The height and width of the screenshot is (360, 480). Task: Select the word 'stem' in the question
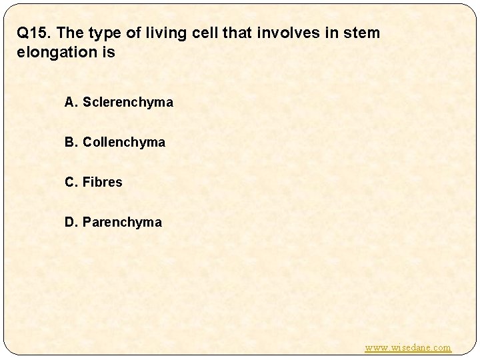[x=362, y=33]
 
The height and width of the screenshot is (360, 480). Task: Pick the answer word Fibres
[x=103, y=182]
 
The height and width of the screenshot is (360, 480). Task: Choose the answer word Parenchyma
[x=122, y=222]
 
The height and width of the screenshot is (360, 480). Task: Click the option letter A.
[x=70, y=103]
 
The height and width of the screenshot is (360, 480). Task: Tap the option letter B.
[x=70, y=143]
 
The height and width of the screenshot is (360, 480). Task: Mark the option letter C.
[x=70, y=182]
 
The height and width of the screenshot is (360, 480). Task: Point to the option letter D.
[x=70, y=222]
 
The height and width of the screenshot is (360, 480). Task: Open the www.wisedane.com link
[x=408, y=347]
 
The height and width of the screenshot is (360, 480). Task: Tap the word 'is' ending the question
[x=109, y=53]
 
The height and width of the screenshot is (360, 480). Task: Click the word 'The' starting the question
[x=74, y=33]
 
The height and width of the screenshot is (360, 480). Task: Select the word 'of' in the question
[x=138, y=33]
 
